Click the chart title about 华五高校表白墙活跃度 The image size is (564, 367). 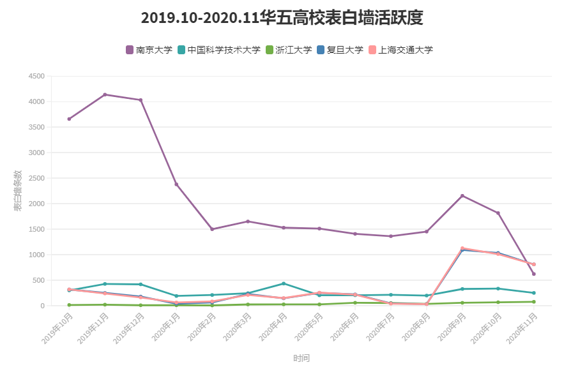282,18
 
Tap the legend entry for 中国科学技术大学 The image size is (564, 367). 219,50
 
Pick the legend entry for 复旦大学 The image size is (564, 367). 340,50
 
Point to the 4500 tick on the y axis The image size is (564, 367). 36,76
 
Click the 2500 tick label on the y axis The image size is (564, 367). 36,178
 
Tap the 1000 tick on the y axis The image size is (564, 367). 36,255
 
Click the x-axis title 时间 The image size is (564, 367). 301,358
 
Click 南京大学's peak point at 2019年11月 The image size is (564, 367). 105,94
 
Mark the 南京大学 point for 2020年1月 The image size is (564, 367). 176,184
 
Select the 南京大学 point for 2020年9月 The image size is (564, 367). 462,196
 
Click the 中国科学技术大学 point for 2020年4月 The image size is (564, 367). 284,283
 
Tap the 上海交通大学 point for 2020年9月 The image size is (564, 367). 462,248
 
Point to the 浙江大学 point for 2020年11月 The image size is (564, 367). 534,302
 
